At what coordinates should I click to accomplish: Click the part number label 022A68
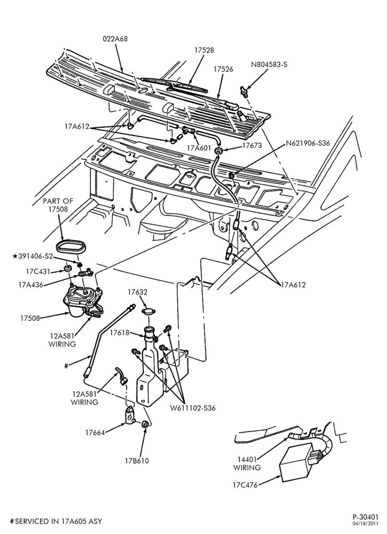click(115, 39)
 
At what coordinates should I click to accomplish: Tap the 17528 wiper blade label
click(204, 50)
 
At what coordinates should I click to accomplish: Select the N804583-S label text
click(269, 64)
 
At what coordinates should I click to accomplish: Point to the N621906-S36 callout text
click(308, 143)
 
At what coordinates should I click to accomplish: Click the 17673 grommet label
click(252, 145)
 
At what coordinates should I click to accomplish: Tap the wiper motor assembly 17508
click(83, 301)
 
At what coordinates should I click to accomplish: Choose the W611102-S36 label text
click(193, 407)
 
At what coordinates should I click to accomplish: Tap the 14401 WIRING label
click(247, 464)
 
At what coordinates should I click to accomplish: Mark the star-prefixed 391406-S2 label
click(33, 256)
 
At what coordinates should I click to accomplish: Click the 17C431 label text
click(38, 272)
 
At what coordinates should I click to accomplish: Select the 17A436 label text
click(30, 285)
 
